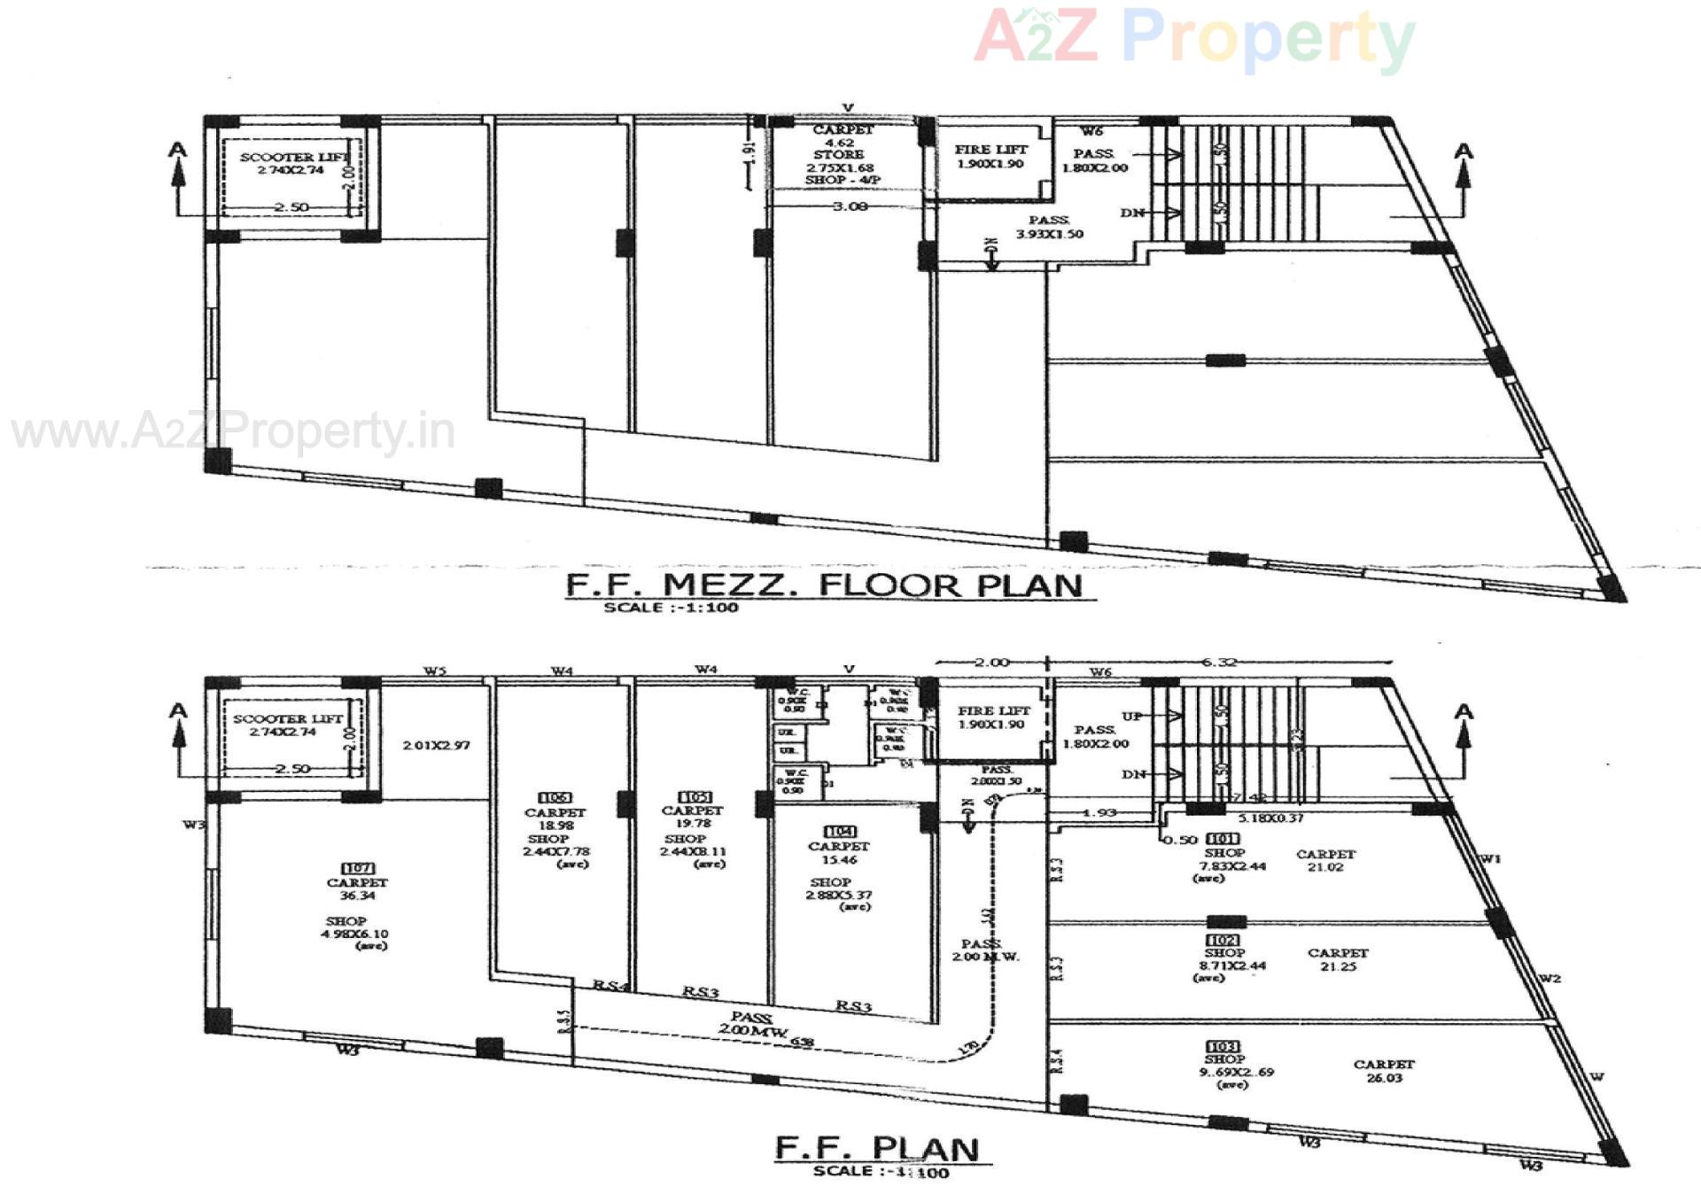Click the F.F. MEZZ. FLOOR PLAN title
[824, 585]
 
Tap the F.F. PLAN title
[877, 1148]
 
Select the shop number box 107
[358, 868]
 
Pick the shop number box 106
[555, 797]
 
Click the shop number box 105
[694, 796]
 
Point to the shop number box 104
[839, 831]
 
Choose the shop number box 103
[1223, 1046]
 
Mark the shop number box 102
[1223, 940]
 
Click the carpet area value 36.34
[357, 896]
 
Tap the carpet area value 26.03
[1384, 1077]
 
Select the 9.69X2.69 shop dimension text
[1236, 1072]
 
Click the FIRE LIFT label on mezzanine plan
[990, 150]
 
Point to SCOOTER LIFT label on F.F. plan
[287, 718]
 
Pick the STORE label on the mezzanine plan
[838, 154]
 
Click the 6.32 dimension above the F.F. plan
[1219, 662]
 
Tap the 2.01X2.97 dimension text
[436, 745]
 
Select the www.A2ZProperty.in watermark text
[233, 432]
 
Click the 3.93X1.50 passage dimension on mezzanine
[1049, 234]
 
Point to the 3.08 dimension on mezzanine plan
[850, 206]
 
